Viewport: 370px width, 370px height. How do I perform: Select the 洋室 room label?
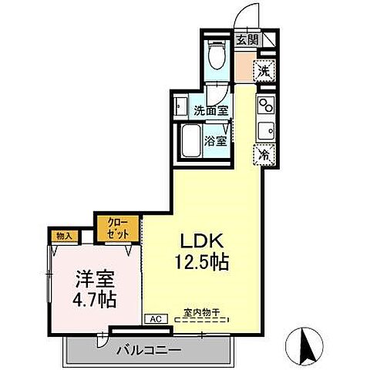96,277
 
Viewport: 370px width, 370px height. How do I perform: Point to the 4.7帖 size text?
96,298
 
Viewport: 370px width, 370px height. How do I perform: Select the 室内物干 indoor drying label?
201,313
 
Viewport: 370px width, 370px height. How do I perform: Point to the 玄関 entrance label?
247,40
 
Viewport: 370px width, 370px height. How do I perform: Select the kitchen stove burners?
265,103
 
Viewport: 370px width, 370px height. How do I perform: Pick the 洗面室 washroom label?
210,110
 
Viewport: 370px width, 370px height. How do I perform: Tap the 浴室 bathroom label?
216,141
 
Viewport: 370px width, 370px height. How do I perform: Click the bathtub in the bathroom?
190,142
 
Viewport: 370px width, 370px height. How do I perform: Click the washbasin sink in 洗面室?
181,106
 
